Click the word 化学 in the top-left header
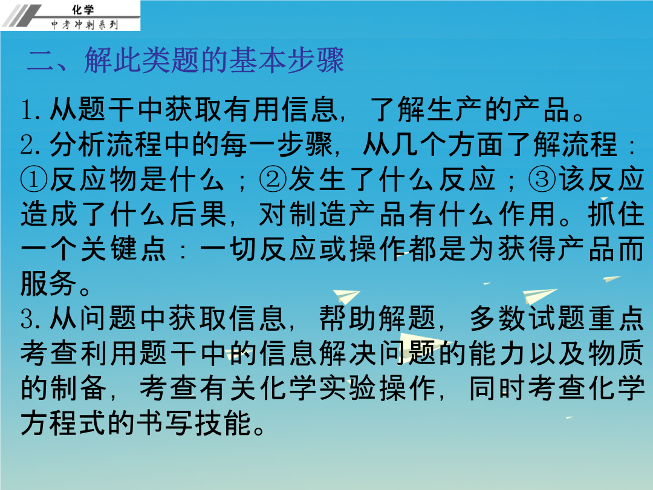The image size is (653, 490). tap(83, 9)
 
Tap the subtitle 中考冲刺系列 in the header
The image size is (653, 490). tap(85, 25)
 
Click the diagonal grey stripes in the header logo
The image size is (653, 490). tap(23, 15)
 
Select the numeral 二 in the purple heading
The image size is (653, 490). tap(41, 60)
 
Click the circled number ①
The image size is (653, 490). tap(34, 180)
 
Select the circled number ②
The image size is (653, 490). tap(273, 180)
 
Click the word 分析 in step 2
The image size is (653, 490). tap(77, 145)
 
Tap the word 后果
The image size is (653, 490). tap(199, 215)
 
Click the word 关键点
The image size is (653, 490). tap(124, 249)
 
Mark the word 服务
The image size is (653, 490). tap(48, 284)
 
